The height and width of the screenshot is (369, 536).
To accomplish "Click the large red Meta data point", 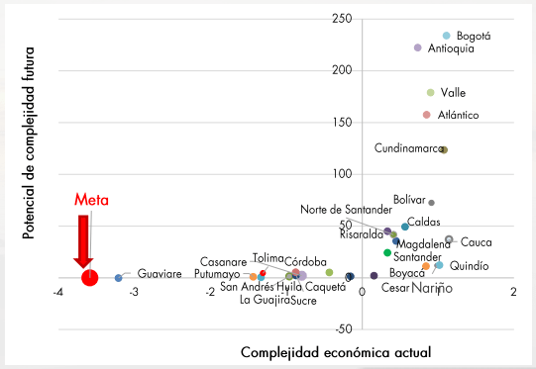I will point(89,277).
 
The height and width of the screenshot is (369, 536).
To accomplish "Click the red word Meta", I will point(92,200).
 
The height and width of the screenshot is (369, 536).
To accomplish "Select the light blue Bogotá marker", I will point(446,36).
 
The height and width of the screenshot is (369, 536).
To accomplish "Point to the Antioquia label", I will point(451,48).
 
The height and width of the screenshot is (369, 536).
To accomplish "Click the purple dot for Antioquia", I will point(417,47).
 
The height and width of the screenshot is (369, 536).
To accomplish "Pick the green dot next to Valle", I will point(430,93).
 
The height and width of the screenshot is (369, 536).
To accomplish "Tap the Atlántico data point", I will point(426,115).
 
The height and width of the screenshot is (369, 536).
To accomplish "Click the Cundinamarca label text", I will point(407,148).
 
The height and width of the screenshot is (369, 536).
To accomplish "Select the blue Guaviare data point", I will point(118,278).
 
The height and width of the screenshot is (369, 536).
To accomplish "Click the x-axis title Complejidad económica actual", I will point(336,352).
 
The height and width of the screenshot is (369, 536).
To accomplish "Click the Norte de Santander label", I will point(346,209).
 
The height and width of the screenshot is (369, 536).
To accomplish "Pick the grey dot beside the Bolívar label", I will point(431,203).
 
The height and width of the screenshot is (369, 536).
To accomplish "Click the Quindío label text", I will point(469,266).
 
